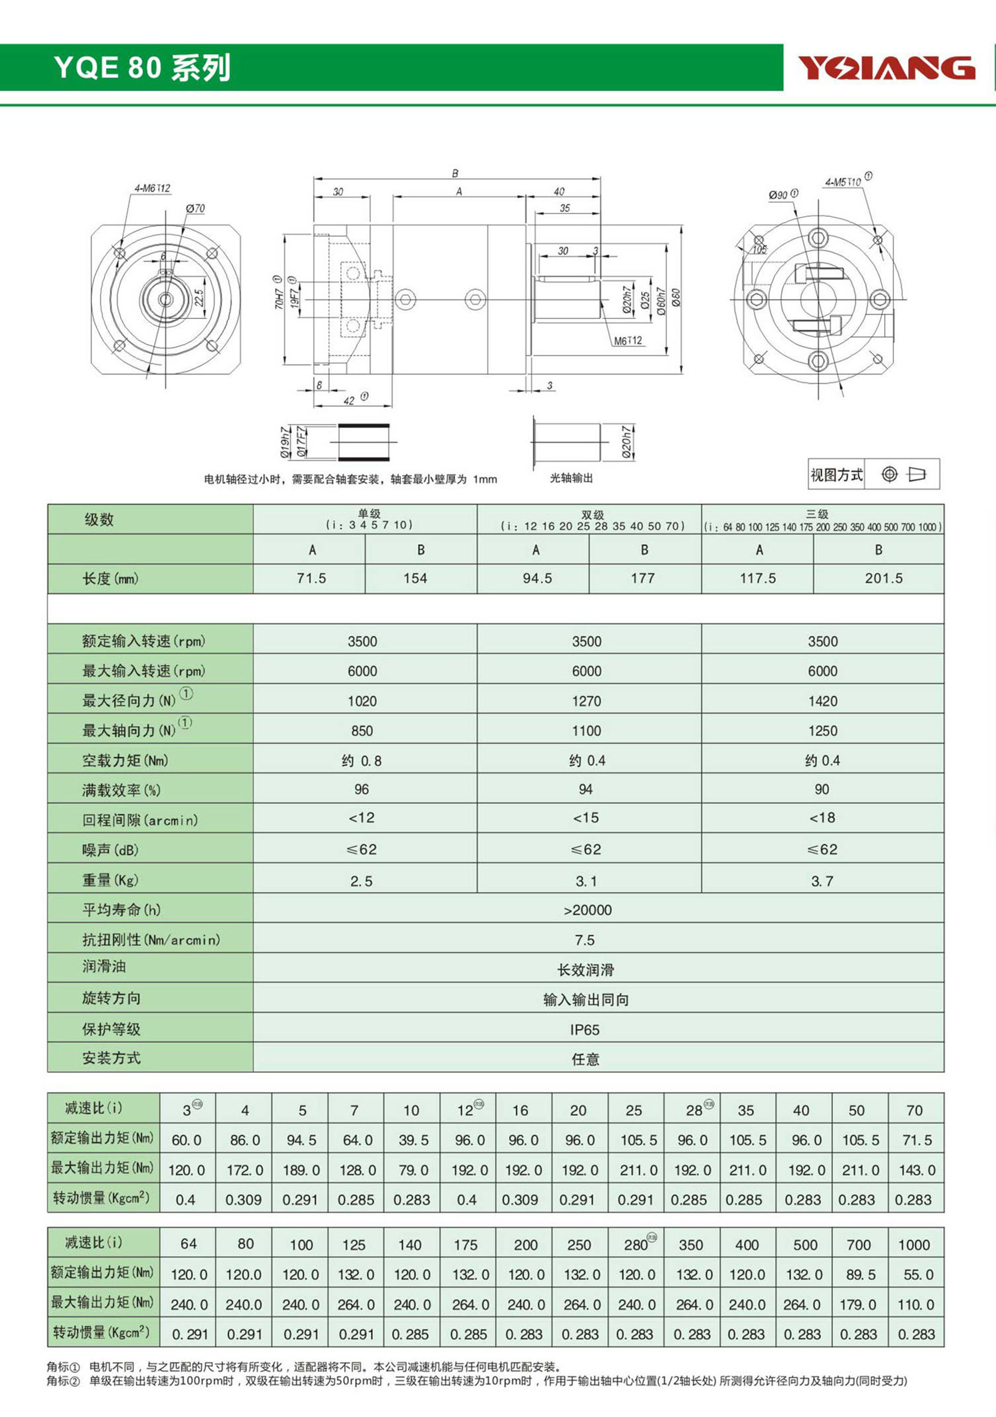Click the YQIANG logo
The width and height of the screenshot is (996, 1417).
886,68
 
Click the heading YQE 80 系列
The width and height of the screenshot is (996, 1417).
143,68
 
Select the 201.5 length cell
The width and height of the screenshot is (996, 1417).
883,578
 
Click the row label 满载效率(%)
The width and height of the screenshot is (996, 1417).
121,790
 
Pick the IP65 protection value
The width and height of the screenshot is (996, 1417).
584,1029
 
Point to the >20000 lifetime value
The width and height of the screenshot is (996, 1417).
587,910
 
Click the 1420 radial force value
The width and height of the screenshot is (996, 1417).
822,701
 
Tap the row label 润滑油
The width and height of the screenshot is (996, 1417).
104,966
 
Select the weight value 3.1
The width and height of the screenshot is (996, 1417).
586,881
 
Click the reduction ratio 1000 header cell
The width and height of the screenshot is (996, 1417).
914,1245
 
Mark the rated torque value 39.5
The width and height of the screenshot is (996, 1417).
413,1140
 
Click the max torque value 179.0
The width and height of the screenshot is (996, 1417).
860,1304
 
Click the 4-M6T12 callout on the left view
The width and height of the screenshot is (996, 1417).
152,188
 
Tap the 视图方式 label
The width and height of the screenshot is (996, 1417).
836,474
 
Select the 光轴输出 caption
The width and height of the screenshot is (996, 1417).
571,478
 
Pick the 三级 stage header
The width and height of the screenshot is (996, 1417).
816,514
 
